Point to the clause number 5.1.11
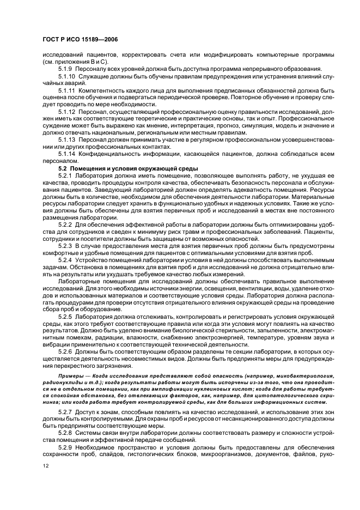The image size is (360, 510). click(x=68, y=89)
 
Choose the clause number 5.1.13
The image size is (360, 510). click(x=68, y=139)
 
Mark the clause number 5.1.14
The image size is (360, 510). click(x=68, y=153)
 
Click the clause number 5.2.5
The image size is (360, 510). click(x=66, y=316)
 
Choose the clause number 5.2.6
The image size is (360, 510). click(x=66, y=351)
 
